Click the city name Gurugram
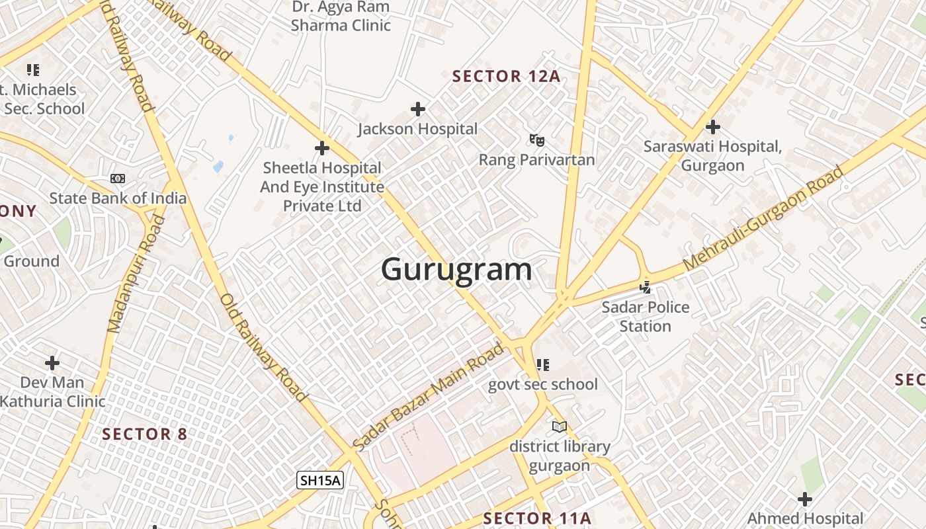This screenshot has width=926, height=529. tap(456, 270)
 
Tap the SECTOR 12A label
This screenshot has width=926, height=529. tap(506, 76)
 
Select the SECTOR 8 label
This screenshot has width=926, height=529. tap(145, 434)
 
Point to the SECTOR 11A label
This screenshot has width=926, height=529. tap(536, 518)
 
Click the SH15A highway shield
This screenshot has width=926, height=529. tap(320, 480)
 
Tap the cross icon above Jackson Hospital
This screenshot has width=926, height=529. tap(418, 109)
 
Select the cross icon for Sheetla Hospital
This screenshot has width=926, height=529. tap(322, 148)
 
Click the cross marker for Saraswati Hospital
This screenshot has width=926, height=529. tap(713, 126)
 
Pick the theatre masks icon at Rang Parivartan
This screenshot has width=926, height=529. tap(536, 140)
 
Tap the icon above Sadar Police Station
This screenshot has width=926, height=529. tap(646, 288)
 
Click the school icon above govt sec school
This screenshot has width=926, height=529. tap(543, 365)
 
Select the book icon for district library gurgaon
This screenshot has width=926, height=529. tap(560, 427)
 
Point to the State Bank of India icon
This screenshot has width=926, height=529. tap(118, 179)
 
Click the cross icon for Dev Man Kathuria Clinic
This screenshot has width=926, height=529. tap(52, 363)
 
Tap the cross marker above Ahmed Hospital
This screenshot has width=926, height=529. tap(805, 499)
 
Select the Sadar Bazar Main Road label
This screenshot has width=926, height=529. tap(428, 396)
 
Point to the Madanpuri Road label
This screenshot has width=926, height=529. tap(136, 273)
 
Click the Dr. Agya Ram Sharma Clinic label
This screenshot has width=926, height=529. tap(341, 17)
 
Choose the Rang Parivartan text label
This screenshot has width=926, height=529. tap(536, 160)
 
